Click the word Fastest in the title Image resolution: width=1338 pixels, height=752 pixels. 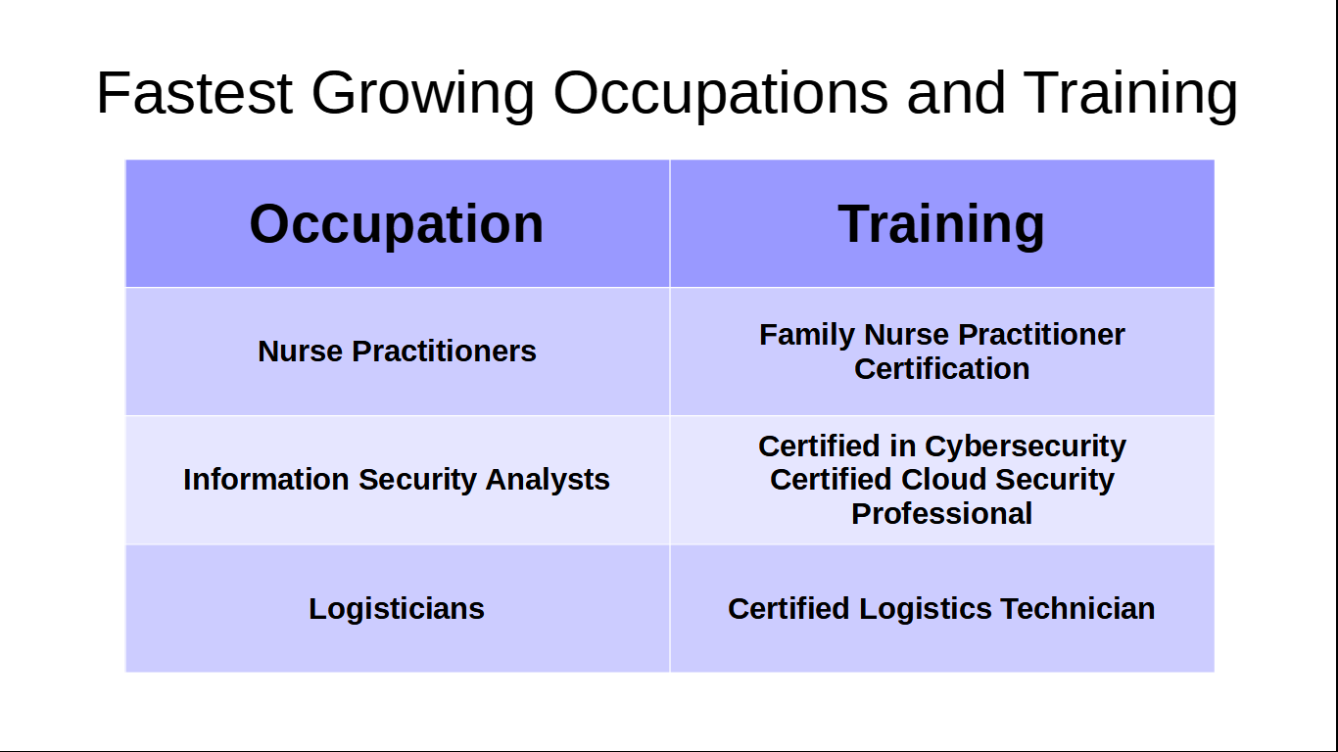tap(194, 93)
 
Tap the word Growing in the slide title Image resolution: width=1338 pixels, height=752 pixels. tap(423, 95)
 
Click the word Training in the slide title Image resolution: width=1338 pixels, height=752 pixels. tap(1131, 95)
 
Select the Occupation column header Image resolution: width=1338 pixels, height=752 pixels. tap(397, 224)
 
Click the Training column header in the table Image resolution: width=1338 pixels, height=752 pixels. tap(941, 224)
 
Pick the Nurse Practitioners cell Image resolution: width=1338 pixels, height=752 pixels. tap(397, 352)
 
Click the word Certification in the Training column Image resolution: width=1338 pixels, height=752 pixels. tap(941, 369)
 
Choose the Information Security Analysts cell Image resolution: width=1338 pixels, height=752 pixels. tap(397, 480)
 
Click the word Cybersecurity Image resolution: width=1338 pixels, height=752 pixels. tap(1026, 446)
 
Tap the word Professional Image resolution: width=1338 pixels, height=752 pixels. tap(941, 514)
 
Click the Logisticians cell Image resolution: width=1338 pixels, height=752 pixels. tap(397, 609)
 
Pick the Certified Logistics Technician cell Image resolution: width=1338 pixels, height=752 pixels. tap(941, 609)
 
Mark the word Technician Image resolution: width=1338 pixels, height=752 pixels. tap(1077, 609)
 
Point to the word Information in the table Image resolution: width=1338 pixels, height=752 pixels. tap(265, 480)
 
